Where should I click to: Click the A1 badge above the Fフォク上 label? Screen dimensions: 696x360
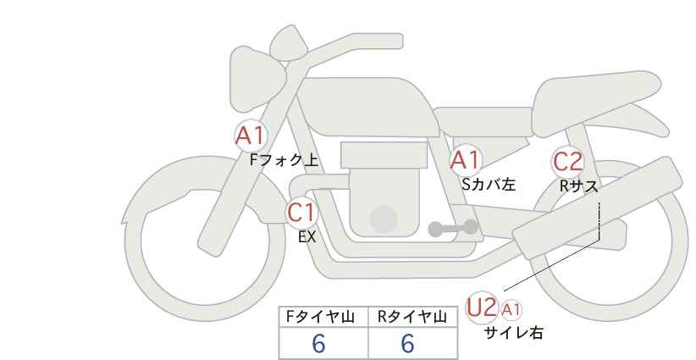point(251,136)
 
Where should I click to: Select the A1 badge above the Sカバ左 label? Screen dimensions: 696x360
point(465,160)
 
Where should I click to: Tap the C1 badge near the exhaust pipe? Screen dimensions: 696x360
point(301,213)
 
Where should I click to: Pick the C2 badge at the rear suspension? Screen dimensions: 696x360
point(567,162)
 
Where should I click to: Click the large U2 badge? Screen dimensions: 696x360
point(482,307)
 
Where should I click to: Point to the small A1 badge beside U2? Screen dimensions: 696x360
point(511,310)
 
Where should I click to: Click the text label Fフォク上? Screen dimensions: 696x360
point(284,160)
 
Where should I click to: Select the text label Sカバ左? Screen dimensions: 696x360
point(489,184)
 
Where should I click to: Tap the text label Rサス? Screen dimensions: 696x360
point(578,186)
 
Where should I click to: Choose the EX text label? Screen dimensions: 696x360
point(307,237)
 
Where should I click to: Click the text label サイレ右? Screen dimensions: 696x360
point(513,333)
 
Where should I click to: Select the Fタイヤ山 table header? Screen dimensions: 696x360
point(320,317)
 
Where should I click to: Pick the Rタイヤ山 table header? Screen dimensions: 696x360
point(412,317)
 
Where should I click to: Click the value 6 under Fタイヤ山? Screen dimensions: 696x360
point(318,343)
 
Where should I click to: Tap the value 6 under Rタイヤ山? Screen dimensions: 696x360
point(407,343)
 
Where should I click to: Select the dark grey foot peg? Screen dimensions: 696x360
point(453,228)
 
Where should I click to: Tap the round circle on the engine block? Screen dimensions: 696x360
point(384,219)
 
